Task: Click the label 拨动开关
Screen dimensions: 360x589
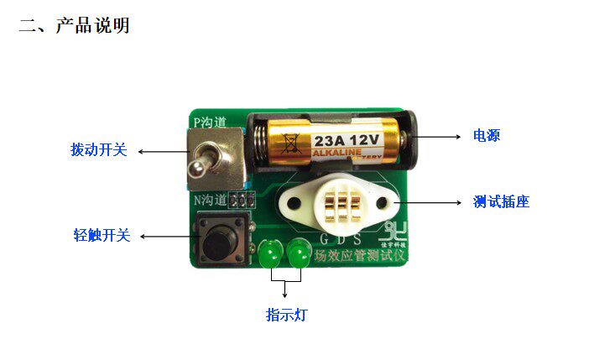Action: [x=99, y=150]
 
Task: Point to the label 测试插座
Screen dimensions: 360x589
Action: [x=501, y=201]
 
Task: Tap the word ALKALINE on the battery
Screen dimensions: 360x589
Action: [x=340, y=154]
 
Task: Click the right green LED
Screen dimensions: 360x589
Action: [x=298, y=253]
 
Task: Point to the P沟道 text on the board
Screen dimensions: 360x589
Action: [x=210, y=123]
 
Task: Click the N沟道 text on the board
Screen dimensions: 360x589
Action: [x=211, y=200]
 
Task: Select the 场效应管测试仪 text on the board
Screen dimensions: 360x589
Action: [x=358, y=253]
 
